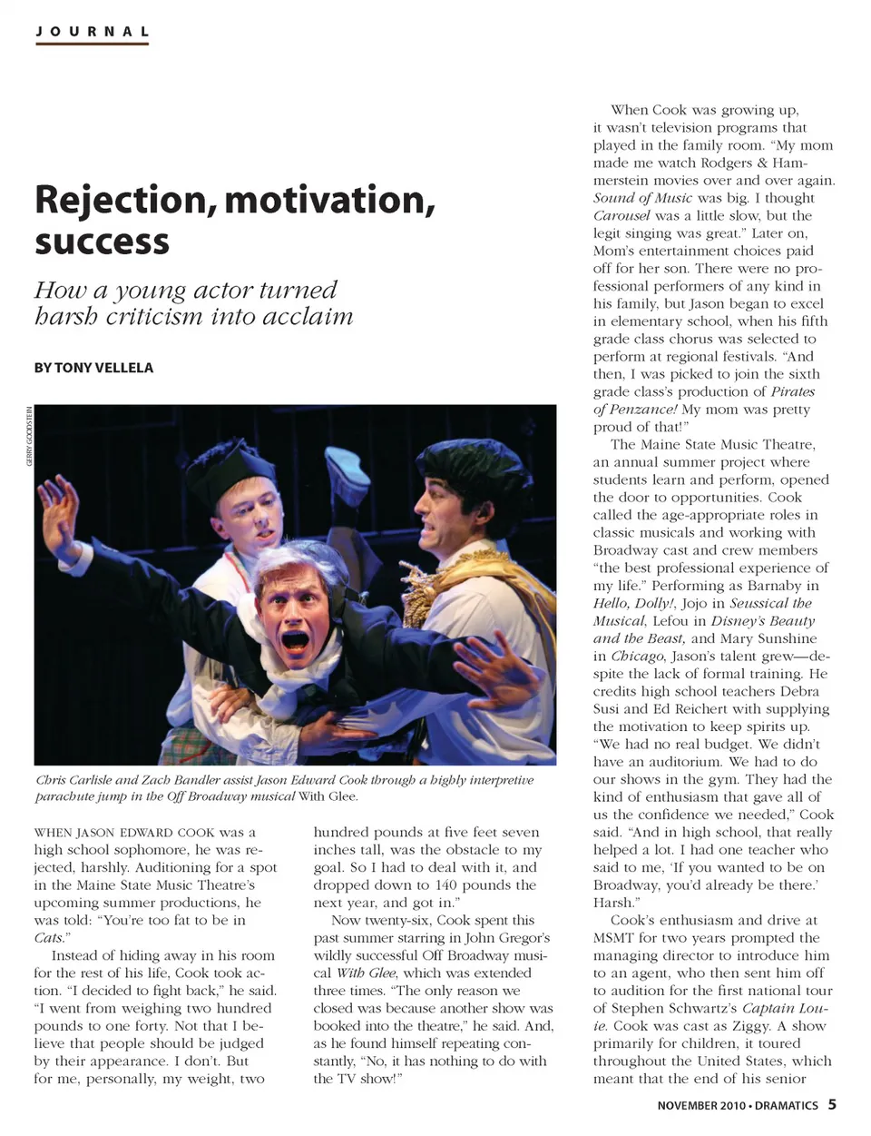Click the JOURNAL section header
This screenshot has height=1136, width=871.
click(x=92, y=31)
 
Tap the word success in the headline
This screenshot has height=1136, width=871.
click(x=103, y=242)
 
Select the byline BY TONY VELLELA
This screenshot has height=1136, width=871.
click(x=93, y=368)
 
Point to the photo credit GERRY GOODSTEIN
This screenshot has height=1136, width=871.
click(x=29, y=437)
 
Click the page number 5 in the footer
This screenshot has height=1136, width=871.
click(x=832, y=1104)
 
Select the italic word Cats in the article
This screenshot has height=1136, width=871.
click(x=49, y=938)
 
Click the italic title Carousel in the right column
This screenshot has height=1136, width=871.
click(x=621, y=216)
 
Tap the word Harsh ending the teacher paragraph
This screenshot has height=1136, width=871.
click(x=614, y=903)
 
